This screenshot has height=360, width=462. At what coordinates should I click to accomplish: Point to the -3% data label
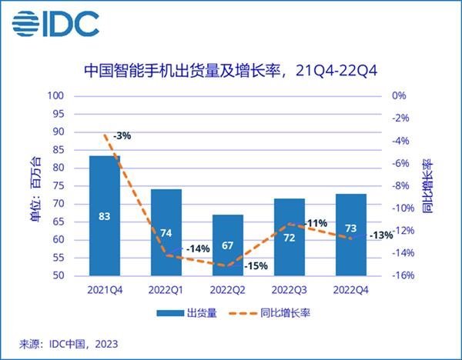(122, 135)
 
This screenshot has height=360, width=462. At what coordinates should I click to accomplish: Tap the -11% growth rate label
(316, 223)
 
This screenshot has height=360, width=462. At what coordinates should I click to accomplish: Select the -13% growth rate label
(381, 235)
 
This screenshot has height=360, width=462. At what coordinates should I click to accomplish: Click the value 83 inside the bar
(105, 216)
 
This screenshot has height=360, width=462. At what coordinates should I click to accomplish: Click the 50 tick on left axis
(57, 275)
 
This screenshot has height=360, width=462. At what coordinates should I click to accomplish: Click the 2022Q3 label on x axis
(289, 290)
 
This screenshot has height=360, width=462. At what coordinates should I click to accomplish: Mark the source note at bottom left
(69, 343)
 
